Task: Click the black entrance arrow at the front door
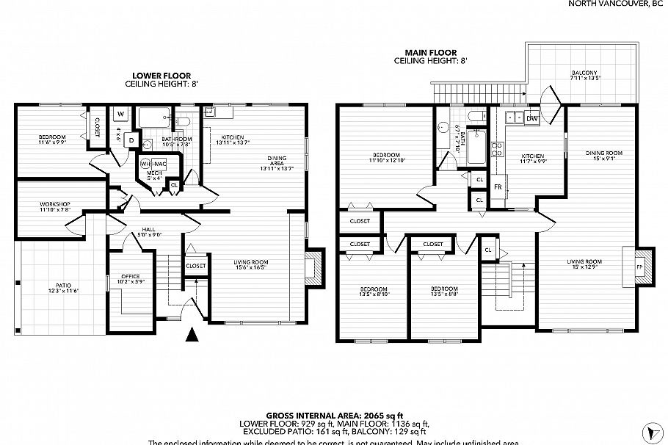pos(192,336)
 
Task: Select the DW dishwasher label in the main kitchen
pos(531,118)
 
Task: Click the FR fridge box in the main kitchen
pos(498,187)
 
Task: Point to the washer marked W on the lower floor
pos(120,114)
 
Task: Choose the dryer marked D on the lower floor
pos(131,138)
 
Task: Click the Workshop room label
pos(55,206)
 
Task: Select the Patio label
pos(63,289)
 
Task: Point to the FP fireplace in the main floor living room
pos(639,267)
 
